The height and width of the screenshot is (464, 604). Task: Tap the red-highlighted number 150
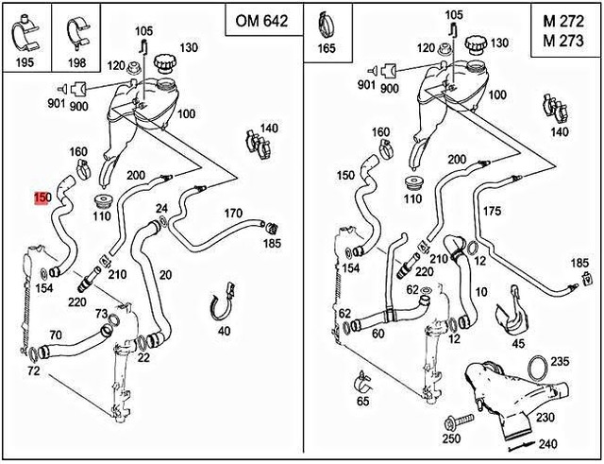(42, 198)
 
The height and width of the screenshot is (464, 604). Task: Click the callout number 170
(233, 214)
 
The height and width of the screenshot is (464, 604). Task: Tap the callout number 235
(560, 362)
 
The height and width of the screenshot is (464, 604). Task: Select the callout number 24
(161, 208)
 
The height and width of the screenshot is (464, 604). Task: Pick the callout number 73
(101, 313)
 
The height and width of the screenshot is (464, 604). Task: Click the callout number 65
(362, 402)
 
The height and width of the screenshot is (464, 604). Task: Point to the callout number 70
(56, 334)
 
